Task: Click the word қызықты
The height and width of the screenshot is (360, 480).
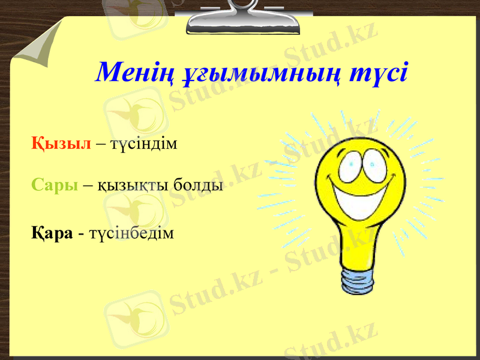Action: (x=133, y=185)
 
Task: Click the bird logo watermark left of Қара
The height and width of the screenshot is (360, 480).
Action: (x=129, y=210)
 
